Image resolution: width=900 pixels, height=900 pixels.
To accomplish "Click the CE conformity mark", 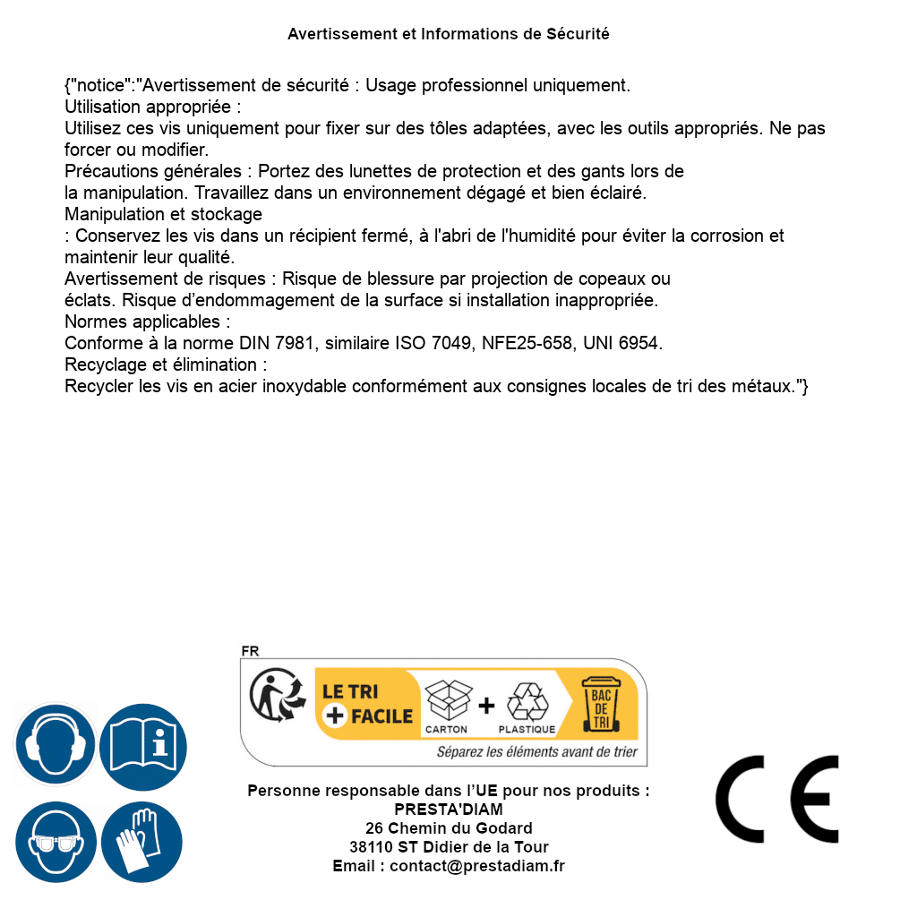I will point(777,800).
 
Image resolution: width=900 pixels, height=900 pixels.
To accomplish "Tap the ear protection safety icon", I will point(55,745).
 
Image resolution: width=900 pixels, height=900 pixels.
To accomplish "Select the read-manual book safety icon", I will point(143,745).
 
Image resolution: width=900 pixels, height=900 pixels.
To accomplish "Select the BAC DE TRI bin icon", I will point(601,703).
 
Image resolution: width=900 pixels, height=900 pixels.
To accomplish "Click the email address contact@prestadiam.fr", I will point(477,866).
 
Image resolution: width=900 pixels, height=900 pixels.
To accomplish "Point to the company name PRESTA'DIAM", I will point(449,810).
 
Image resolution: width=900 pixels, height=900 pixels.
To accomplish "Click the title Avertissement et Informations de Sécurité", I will point(449,34).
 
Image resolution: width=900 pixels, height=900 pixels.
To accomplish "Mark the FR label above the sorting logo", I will point(250,651).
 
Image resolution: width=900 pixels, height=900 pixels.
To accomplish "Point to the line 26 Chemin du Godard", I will point(449,828).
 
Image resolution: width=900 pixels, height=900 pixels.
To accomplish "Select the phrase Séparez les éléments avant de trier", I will point(536,752).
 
